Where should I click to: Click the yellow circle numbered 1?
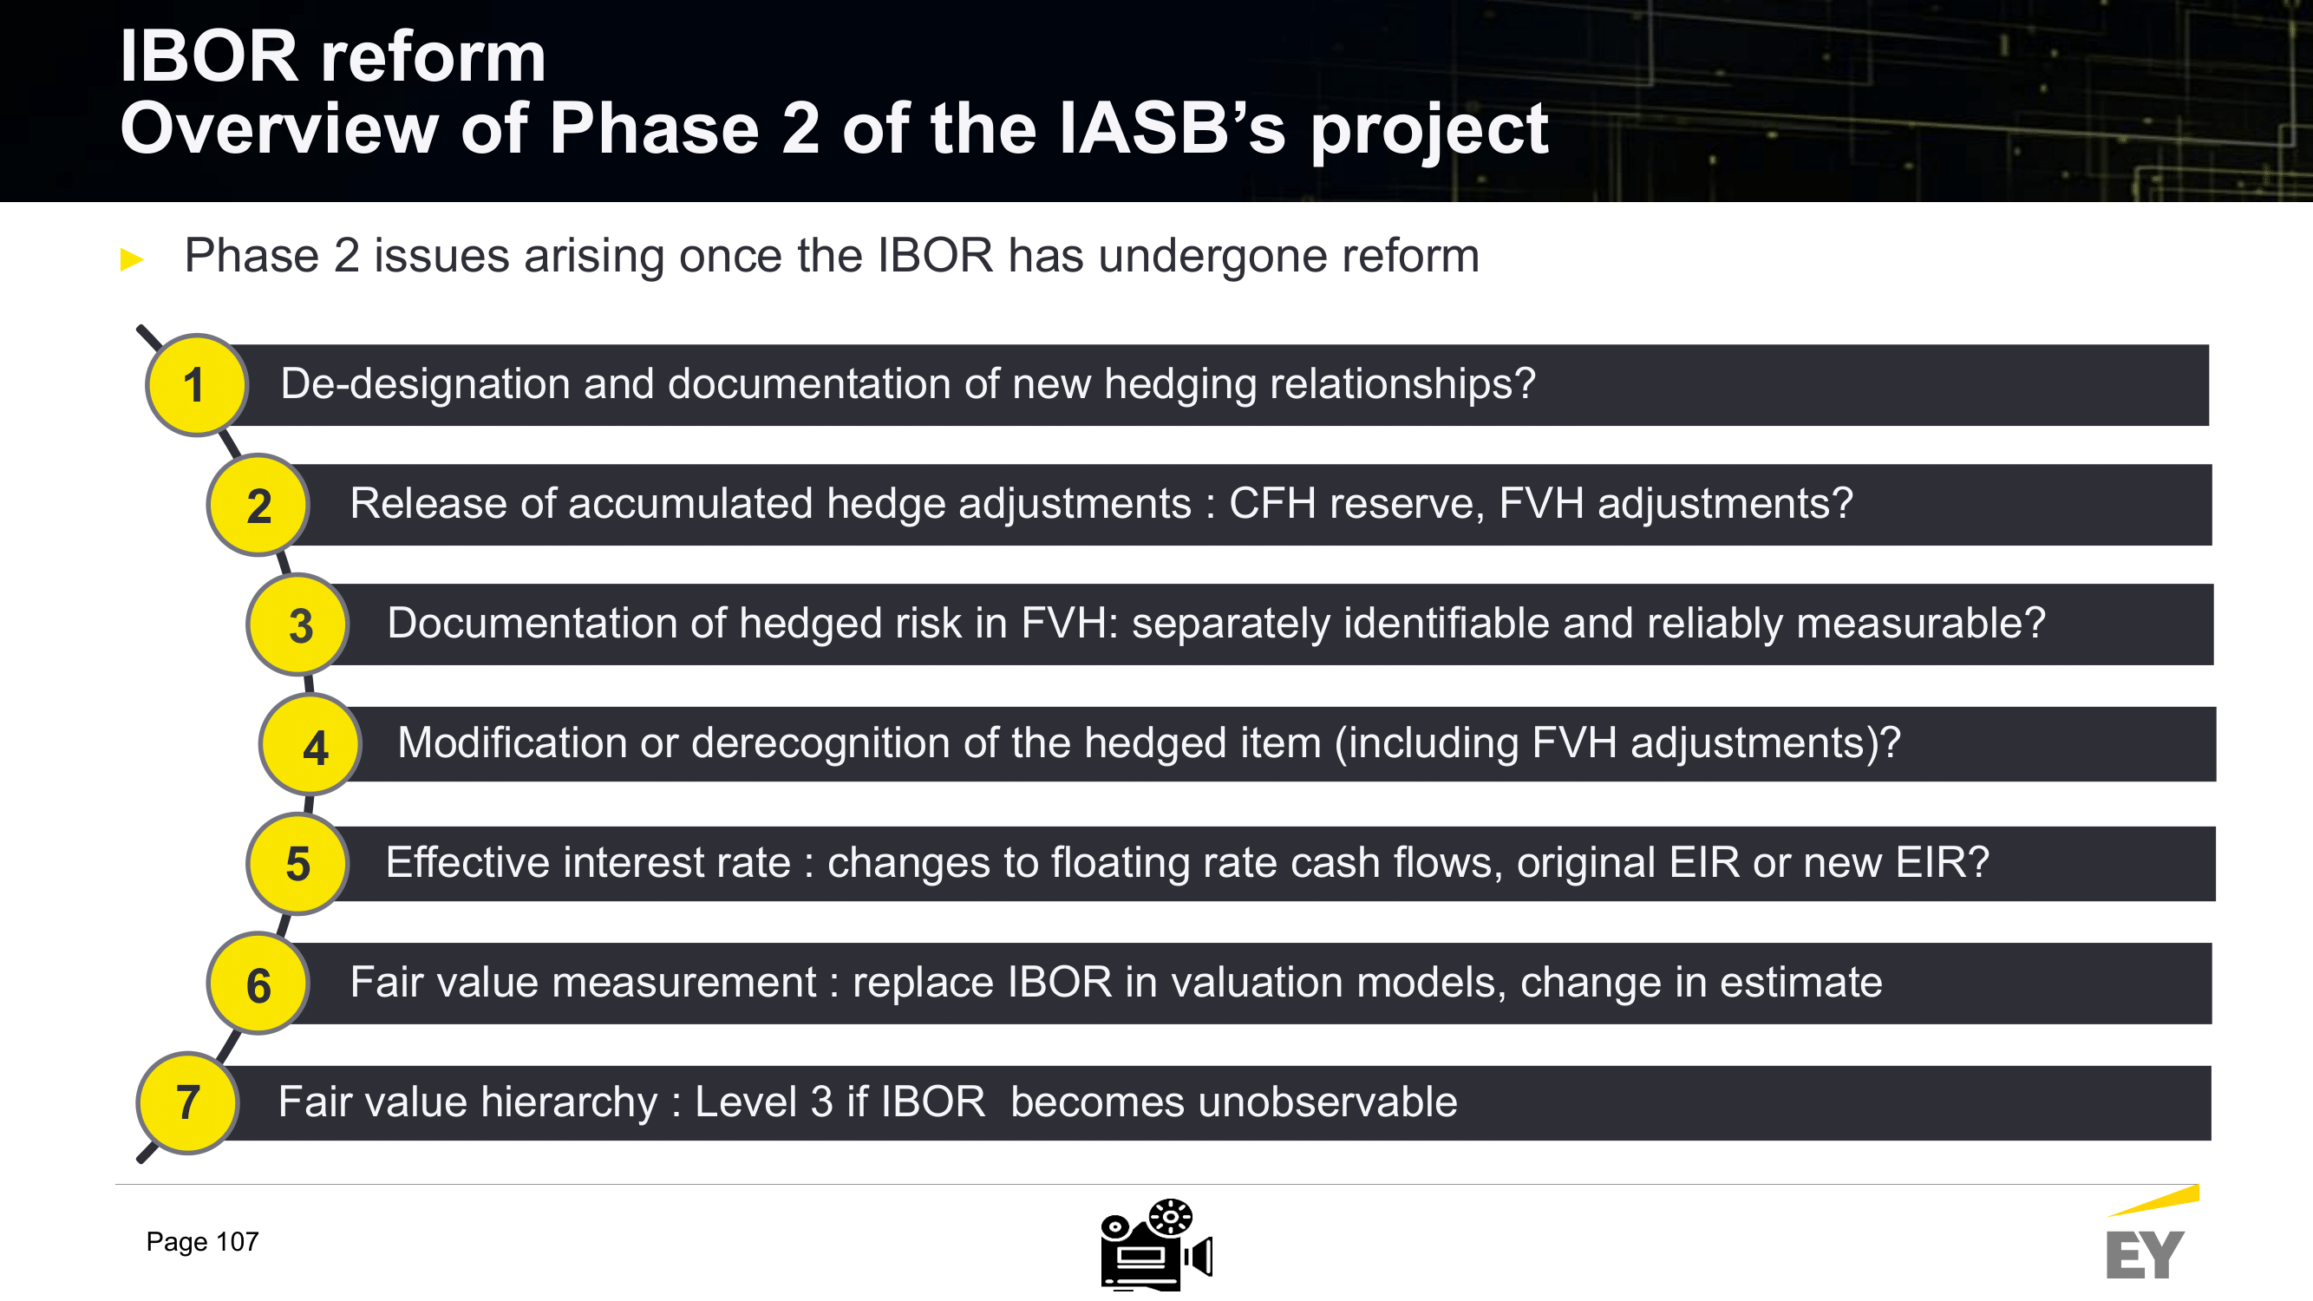click(x=197, y=385)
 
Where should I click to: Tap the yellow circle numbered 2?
click(x=258, y=505)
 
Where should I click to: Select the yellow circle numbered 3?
click(x=298, y=624)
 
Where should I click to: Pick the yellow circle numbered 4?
click(x=310, y=744)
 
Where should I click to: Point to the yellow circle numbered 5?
click(x=298, y=864)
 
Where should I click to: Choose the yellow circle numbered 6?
click(x=258, y=984)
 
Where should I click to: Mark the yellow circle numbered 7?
click(x=187, y=1102)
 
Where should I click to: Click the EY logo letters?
click(x=2144, y=1254)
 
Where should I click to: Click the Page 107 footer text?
click(x=202, y=1242)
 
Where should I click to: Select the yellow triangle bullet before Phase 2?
click(x=132, y=259)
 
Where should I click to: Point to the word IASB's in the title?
click(x=1173, y=128)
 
